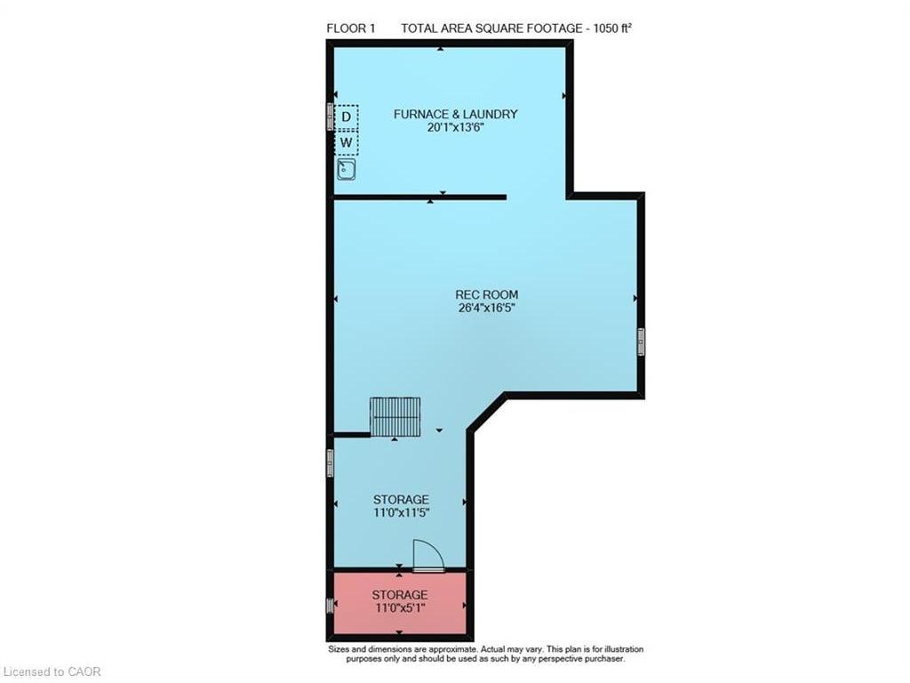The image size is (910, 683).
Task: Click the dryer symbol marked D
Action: click(347, 117)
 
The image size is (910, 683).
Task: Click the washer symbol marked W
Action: click(347, 142)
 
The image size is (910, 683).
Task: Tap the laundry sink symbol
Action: click(347, 170)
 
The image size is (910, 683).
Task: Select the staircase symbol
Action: click(387, 417)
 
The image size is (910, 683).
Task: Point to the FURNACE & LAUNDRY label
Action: click(455, 114)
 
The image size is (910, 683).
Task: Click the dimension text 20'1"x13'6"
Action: click(455, 127)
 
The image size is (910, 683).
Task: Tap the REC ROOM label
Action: click(486, 295)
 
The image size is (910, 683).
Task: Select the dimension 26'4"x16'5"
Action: click(486, 309)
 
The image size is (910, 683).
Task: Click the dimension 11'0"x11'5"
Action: click(400, 513)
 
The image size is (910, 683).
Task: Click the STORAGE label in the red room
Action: click(400, 594)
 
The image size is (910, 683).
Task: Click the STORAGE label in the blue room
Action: click(400, 500)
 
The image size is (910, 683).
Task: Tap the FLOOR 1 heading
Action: click(351, 28)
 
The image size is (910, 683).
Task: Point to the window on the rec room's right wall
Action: click(641, 341)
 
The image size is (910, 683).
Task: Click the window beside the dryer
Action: click(330, 117)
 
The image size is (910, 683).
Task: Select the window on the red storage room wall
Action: click(330, 606)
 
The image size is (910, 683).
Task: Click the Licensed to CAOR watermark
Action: click(52, 671)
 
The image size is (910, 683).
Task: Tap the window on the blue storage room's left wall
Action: click(330, 462)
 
